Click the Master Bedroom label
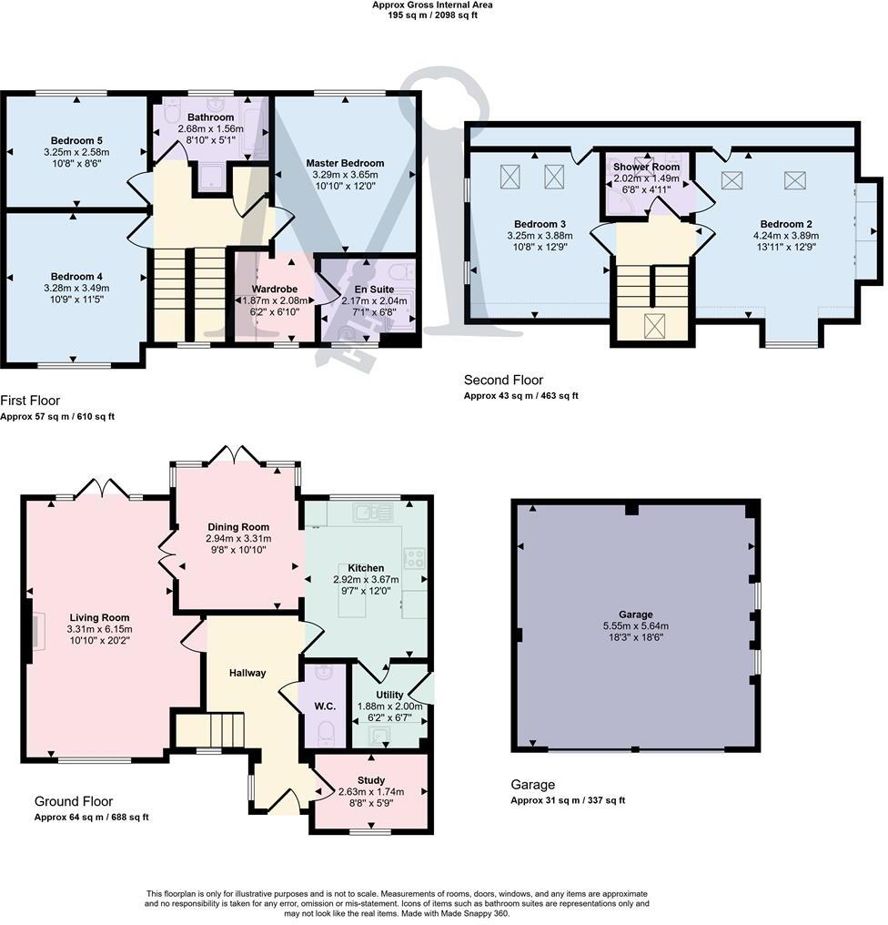[345, 163]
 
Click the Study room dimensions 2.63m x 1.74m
[370, 792]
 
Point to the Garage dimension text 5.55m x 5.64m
[635, 626]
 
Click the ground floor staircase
[211, 729]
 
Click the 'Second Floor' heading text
[502, 380]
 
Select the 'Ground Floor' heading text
[74, 801]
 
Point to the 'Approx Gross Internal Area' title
[433, 5]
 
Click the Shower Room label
[645, 168]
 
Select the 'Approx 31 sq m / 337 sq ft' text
[568, 800]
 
